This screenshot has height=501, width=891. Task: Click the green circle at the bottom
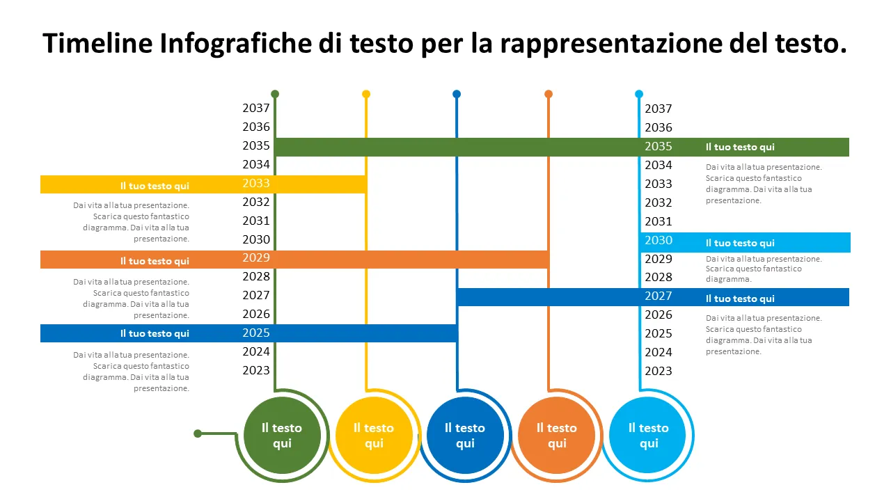[x=282, y=436]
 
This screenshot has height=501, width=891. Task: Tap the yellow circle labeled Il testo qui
[x=374, y=436]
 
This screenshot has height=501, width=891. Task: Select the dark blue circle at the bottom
[x=465, y=436]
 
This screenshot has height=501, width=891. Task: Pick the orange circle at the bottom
[x=557, y=436]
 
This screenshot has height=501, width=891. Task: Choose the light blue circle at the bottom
[x=648, y=436]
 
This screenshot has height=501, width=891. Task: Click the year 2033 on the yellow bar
[x=256, y=184]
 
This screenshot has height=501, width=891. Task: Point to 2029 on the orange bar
[x=256, y=258]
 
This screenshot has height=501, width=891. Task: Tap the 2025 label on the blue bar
[x=256, y=333]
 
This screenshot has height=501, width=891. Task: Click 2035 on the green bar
[x=659, y=147]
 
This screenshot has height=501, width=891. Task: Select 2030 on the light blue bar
[x=659, y=241]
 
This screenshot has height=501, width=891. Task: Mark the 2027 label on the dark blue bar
[x=659, y=296]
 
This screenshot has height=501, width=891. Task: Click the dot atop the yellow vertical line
[x=366, y=94]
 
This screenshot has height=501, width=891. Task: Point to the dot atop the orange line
[x=549, y=94]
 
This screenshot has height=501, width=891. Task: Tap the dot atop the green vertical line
[x=275, y=94]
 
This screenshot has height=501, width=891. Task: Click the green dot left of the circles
[x=198, y=434]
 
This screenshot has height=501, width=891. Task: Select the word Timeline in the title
[x=97, y=44]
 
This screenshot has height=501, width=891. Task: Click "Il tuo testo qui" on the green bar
[x=740, y=148]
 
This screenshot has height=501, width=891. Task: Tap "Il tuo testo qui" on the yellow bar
[x=155, y=186]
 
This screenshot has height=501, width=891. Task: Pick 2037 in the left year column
[x=256, y=109]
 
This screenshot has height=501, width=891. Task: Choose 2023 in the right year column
[x=659, y=371]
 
